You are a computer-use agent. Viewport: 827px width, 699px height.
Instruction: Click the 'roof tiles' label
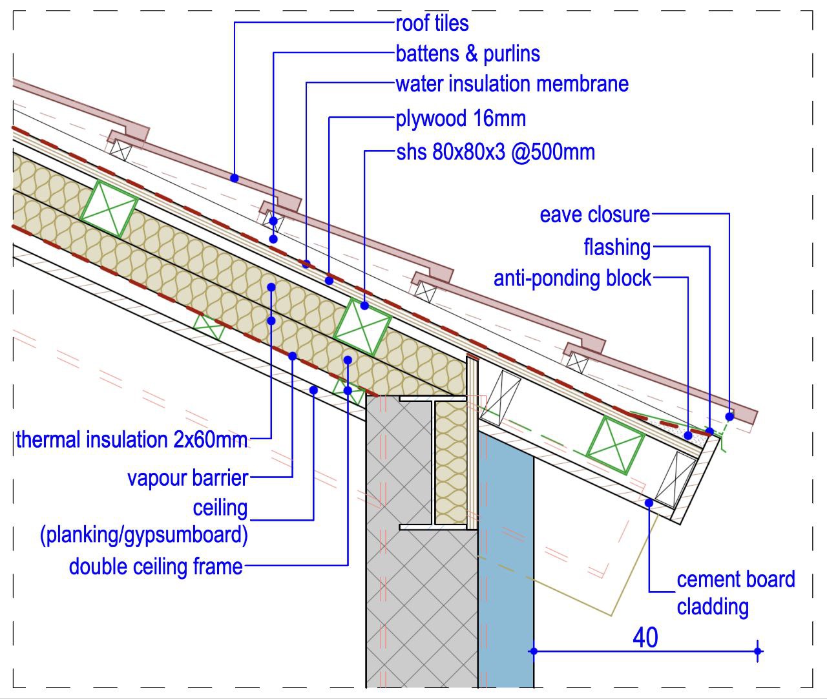click(x=432, y=24)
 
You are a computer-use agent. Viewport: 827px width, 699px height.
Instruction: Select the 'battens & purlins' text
click(x=468, y=54)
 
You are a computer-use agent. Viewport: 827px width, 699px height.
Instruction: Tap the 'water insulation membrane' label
click(x=512, y=84)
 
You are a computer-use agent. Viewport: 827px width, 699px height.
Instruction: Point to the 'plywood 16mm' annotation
click(x=461, y=119)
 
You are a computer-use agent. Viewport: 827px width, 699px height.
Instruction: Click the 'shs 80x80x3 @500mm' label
click(x=496, y=152)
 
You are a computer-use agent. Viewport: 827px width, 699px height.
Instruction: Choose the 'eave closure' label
click(x=595, y=215)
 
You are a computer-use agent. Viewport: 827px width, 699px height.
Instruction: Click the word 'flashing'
click(x=617, y=247)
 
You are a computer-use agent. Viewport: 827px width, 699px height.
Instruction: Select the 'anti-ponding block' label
click(x=572, y=278)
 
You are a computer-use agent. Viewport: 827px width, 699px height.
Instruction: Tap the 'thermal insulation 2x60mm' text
click(x=132, y=440)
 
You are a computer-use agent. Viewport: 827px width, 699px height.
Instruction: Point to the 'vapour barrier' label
click(x=187, y=478)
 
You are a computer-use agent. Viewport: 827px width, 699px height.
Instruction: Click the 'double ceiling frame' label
click(x=156, y=567)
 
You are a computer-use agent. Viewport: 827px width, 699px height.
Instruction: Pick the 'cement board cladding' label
click(x=735, y=593)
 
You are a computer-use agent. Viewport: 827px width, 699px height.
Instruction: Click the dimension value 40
click(x=645, y=638)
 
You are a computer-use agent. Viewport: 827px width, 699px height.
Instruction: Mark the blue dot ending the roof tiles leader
click(x=235, y=178)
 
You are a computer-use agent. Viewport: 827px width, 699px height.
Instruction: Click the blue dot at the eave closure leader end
click(x=729, y=417)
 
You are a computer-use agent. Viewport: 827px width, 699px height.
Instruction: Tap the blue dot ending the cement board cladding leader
click(x=649, y=503)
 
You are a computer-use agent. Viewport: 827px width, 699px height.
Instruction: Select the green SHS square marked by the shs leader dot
click(x=362, y=326)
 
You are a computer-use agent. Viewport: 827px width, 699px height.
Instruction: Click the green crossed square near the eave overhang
click(x=615, y=445)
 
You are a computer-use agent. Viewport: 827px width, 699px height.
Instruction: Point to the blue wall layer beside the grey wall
click(x=506, y=560)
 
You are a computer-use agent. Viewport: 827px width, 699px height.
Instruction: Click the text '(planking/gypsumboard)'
click(x=143, y=535)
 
